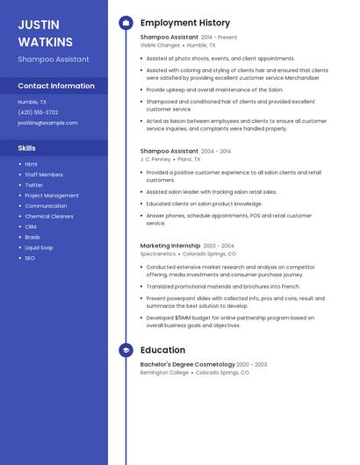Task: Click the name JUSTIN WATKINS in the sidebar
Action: pyautogui.click(x=45, y=32)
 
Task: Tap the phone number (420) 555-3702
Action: pyautogui.click(x=38, y=112)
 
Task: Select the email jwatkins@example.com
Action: pyautogui.click(x=47, y=123)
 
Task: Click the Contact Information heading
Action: pyautogui.click(x=56, y=86)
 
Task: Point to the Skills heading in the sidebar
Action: pyautogui.click(x=26, y=147)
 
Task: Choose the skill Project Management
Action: pyautogui.click(x=52, y=196)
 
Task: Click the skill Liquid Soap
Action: pyautogui.click(x=39, y=247)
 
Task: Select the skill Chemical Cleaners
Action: pyautogui.click(x=49, y=216)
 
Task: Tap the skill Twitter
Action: pyautogui.click(x=33, y=185)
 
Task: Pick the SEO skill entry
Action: pyautogui.click(x=30, y=258)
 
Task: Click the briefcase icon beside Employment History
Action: pyautogui.click(x=126, y=23)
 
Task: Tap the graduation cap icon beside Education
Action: pyautogui.click(x=126, y=350)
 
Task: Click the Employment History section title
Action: pyautogui.click(x=185, y=23)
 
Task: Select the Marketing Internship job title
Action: pyautogui.click(x=170, y=246)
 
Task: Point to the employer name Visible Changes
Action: pyautogui.click(x=160, y=45)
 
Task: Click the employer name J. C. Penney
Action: pyautogui.click(x=155, y=159)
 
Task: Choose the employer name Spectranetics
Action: pyautogui.click(x=158, y=254)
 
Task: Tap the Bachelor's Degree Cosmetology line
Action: pyautogui.click(x=187, y=364)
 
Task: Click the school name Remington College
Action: pyautogui.click(x=164, y=372)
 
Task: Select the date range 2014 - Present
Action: pyautogui.click(x=220, y=37)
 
